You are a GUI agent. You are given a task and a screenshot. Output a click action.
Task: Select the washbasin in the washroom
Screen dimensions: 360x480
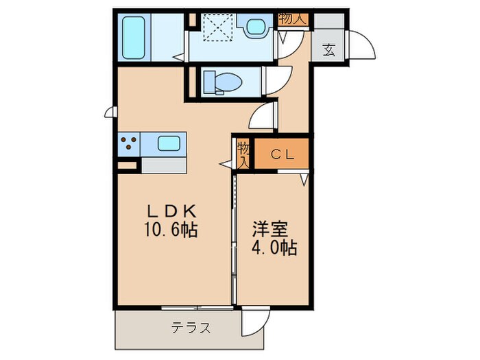[x=256, y=27]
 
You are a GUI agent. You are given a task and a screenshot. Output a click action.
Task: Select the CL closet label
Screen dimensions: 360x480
[x=281, y=154]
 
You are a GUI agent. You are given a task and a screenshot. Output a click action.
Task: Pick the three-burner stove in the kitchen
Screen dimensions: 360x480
[x=128, y=144]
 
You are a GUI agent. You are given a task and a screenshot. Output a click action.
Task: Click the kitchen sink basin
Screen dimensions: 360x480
[x=169, y=144]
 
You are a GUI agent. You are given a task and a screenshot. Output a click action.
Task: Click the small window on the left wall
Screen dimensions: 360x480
[x=109, y=112]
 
